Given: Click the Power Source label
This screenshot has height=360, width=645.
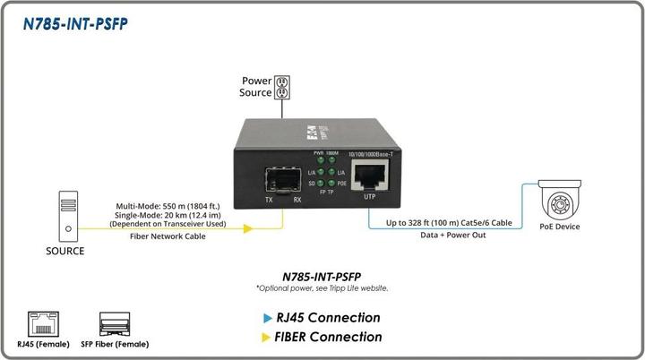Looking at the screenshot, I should point(254,87).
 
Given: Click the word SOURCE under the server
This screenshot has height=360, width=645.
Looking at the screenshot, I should point(65,252).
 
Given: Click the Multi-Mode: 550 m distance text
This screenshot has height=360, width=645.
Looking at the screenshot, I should point(169,205).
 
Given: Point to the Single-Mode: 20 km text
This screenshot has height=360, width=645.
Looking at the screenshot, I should point(169,214).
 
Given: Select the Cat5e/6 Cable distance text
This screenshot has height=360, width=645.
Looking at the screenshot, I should point(449,221).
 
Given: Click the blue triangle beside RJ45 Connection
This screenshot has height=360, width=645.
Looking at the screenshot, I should point(267,318).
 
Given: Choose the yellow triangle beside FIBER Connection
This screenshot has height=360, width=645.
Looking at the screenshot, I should point(267,338).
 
